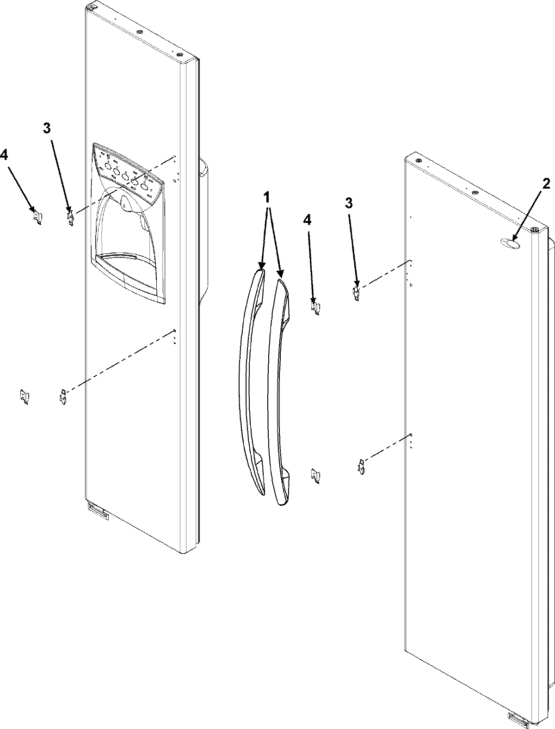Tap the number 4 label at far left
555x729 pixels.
tap(4, 156)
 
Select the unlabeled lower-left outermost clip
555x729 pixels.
tap(24, 397)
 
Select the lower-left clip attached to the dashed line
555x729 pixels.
tap(62, 397)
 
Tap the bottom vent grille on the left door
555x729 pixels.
tap(98, 512)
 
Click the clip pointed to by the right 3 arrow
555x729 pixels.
tap(357, 293)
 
